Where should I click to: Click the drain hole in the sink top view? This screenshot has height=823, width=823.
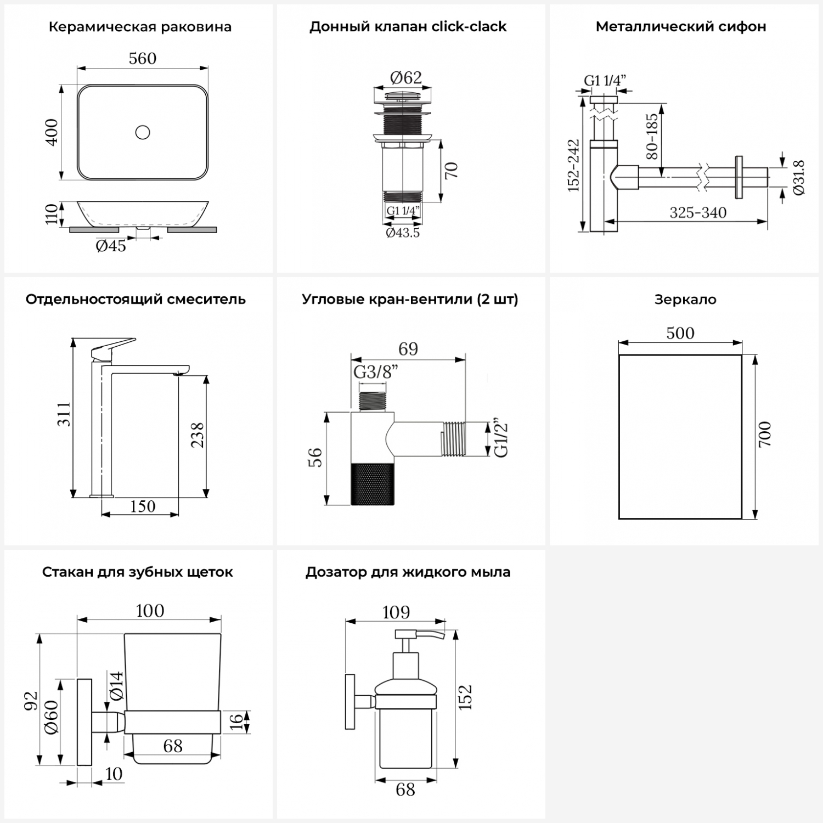(143, 132)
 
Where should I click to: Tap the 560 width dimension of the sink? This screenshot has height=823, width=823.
(143, 59)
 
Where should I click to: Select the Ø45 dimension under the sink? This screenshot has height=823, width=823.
(111, 246)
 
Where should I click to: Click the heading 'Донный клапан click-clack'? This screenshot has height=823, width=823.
(408, 27)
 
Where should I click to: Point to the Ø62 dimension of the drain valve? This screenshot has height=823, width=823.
(406, 78)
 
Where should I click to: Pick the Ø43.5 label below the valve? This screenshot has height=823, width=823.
(403, 233)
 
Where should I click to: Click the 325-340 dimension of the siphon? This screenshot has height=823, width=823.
(698, 213)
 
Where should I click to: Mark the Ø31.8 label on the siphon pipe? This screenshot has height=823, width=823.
(798, 177)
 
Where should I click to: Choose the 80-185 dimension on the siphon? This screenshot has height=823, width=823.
(652, 136)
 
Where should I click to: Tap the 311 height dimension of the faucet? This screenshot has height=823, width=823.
(64, 414)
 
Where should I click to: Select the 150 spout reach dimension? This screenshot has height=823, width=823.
(143, 506)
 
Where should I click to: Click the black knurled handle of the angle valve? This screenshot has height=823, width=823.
(373, 483)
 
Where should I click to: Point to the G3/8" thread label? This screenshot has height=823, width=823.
(375, 373)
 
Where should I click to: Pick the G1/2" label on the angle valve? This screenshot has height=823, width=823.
(500, 439)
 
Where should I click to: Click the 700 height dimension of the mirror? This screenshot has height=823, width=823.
(764, 434)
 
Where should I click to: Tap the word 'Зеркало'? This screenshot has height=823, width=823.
(685, 300)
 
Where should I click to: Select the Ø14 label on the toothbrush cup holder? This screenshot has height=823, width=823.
(116, 686)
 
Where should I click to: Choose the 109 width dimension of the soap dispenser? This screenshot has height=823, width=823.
(396, 612)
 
